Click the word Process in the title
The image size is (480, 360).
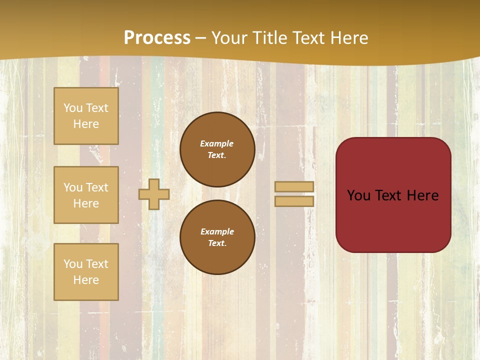point(157,38)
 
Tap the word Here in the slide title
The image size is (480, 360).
point(348,38)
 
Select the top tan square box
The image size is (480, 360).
point(86,116)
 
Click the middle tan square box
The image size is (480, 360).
point(86,195)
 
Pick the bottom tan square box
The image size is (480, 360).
point(86,271)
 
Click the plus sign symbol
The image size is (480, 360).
point(154,194)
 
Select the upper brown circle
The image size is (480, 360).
point(217,149)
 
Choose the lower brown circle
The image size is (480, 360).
point(217,237)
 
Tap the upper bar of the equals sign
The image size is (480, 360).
point(294,187)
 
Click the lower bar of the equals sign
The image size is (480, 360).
point(294,201)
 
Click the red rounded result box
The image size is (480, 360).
point(393,195)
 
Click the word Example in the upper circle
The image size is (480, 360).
point(217,143)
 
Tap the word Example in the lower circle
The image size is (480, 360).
point(217,231)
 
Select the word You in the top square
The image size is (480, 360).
point(73,108)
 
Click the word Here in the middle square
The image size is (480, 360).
point(86,203)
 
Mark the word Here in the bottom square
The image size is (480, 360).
point(86,280)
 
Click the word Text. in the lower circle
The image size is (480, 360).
point(217,243)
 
